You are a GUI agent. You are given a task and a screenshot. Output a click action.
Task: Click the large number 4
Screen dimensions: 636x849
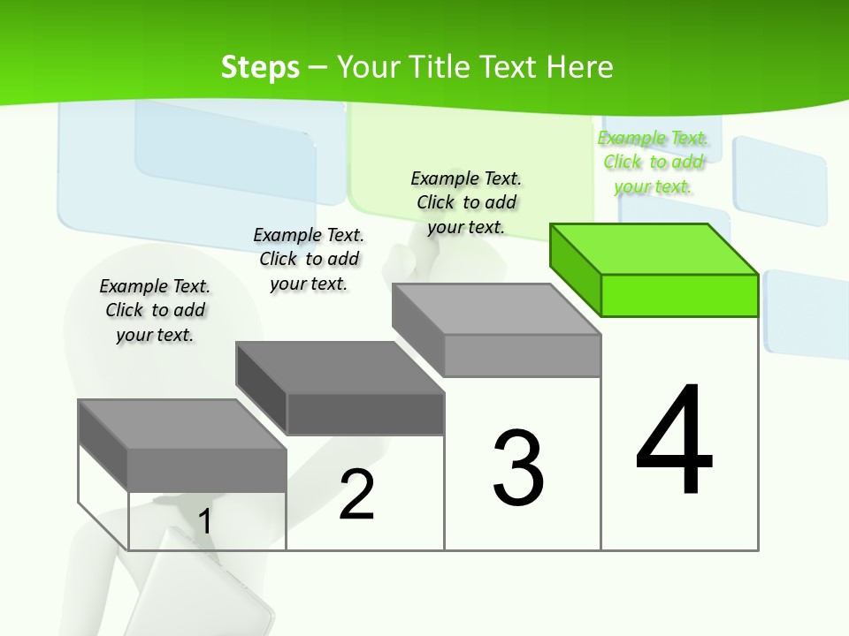point(674,442)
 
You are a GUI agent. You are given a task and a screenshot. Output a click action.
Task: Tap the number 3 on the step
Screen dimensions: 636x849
point(518,468)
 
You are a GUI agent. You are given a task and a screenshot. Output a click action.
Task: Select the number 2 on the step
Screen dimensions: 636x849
point(356,495)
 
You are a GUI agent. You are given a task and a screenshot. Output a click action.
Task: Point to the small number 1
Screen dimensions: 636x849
point(204,521)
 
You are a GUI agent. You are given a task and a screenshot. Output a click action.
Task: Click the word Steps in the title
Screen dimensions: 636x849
point(260,67)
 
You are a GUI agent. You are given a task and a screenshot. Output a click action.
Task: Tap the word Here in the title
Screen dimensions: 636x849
point(579,67)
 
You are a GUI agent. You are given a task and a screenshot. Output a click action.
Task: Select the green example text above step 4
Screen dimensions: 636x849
point(654,163)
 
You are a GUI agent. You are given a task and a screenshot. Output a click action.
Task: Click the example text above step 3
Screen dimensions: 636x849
point(467,202)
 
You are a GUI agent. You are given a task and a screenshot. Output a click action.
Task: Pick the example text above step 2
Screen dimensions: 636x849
point(309,259)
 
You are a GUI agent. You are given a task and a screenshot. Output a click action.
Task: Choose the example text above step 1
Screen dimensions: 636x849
point(155,310)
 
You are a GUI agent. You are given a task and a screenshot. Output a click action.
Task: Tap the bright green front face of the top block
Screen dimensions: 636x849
point(679,295)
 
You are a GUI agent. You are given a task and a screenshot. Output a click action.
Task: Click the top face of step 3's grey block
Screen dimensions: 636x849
point(495,309)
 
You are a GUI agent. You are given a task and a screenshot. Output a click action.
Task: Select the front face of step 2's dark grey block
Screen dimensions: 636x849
point(365,413)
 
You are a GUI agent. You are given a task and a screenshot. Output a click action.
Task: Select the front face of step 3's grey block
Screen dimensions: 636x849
point(522,355)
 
